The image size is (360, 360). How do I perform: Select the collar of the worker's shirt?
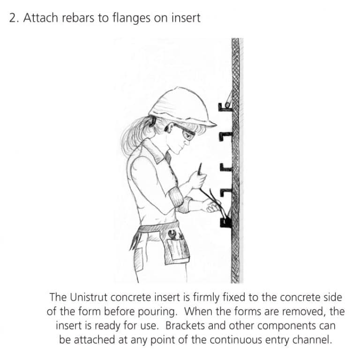(155, 151)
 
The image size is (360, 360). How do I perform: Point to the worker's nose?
(194, 139)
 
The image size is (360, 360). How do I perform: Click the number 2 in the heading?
(13, 18)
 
